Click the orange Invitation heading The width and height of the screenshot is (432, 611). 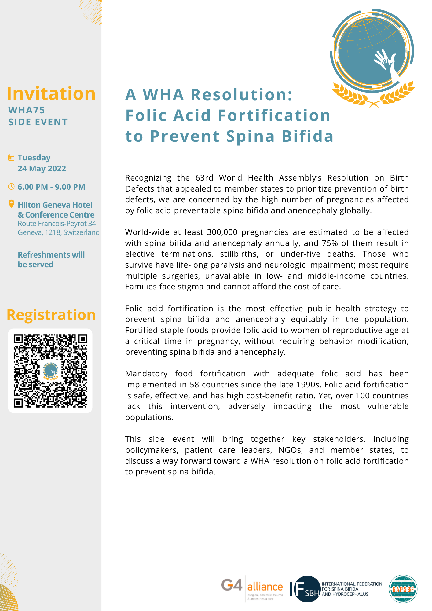coord(51,93)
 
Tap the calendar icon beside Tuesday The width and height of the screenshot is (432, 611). coord(11,158)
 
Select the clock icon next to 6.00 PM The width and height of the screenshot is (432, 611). coord(11,187)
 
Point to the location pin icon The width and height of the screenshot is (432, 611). coord(11,204)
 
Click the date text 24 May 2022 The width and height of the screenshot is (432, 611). coord(42,169)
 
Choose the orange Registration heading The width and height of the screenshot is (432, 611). coord(51,315)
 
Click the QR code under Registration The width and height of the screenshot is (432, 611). coord(50,371)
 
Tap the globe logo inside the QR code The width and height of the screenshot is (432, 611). coord(51,371)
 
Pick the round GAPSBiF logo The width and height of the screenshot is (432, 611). coord(403,589)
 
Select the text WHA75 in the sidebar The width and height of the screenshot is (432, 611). coord(27,110)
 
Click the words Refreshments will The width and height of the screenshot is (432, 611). coord(51,255)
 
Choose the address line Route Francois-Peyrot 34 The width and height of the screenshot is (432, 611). coord(57,224)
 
